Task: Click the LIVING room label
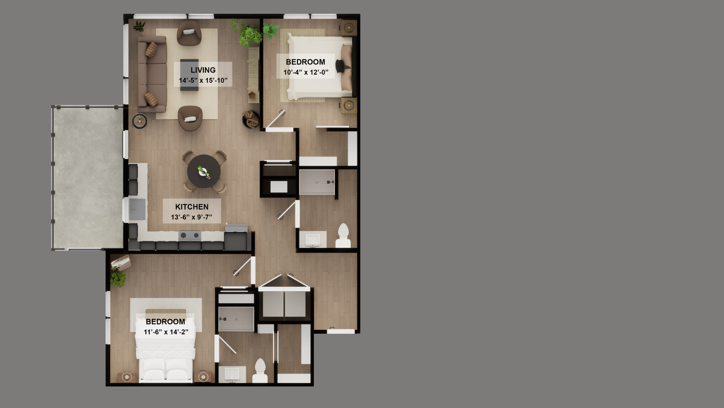[x=203, y=70]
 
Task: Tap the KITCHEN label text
[x=192, y=207]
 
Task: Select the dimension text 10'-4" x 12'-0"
[x=306, y=72]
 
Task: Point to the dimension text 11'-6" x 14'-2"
[x=166, y=332]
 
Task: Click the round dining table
[x=204, y=171]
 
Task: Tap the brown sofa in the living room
[x=152, y=74]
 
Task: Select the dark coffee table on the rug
[x=189, y=75]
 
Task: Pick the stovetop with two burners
[x=190, y=236]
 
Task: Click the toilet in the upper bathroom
[x=343, y=236]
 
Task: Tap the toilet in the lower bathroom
[x=260, y=371]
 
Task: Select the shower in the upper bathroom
[x=317, y=182]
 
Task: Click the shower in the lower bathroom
[x=236, y=319]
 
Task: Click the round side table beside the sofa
[x=140, y=121]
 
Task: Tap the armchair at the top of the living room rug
[x=189, y=33]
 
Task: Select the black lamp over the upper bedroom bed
[x=343, y=66]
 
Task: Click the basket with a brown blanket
[x=251, y=119]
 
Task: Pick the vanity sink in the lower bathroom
[x=232, y=374]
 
